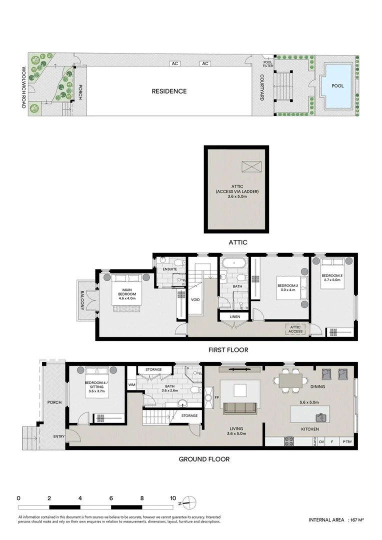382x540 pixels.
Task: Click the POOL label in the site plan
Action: pos(338,85)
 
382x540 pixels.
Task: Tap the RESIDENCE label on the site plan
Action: pos(169,91)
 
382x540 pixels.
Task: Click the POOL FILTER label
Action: pos(268,64)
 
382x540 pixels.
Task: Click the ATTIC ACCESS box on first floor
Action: pos(295,329)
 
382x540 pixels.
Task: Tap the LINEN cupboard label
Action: pos(235,317)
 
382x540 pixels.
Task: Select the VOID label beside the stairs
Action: pos(195,299)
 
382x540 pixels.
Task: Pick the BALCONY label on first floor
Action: pos(82,300)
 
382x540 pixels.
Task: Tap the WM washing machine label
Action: pos(132,385)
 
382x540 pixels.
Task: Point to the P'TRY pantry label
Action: pos(347,442)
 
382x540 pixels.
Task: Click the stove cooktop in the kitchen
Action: pos(289,442)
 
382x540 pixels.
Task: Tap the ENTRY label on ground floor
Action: pos(58,437)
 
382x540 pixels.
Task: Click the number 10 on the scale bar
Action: pos(172,498)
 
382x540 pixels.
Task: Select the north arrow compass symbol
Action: pos(187,501)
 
